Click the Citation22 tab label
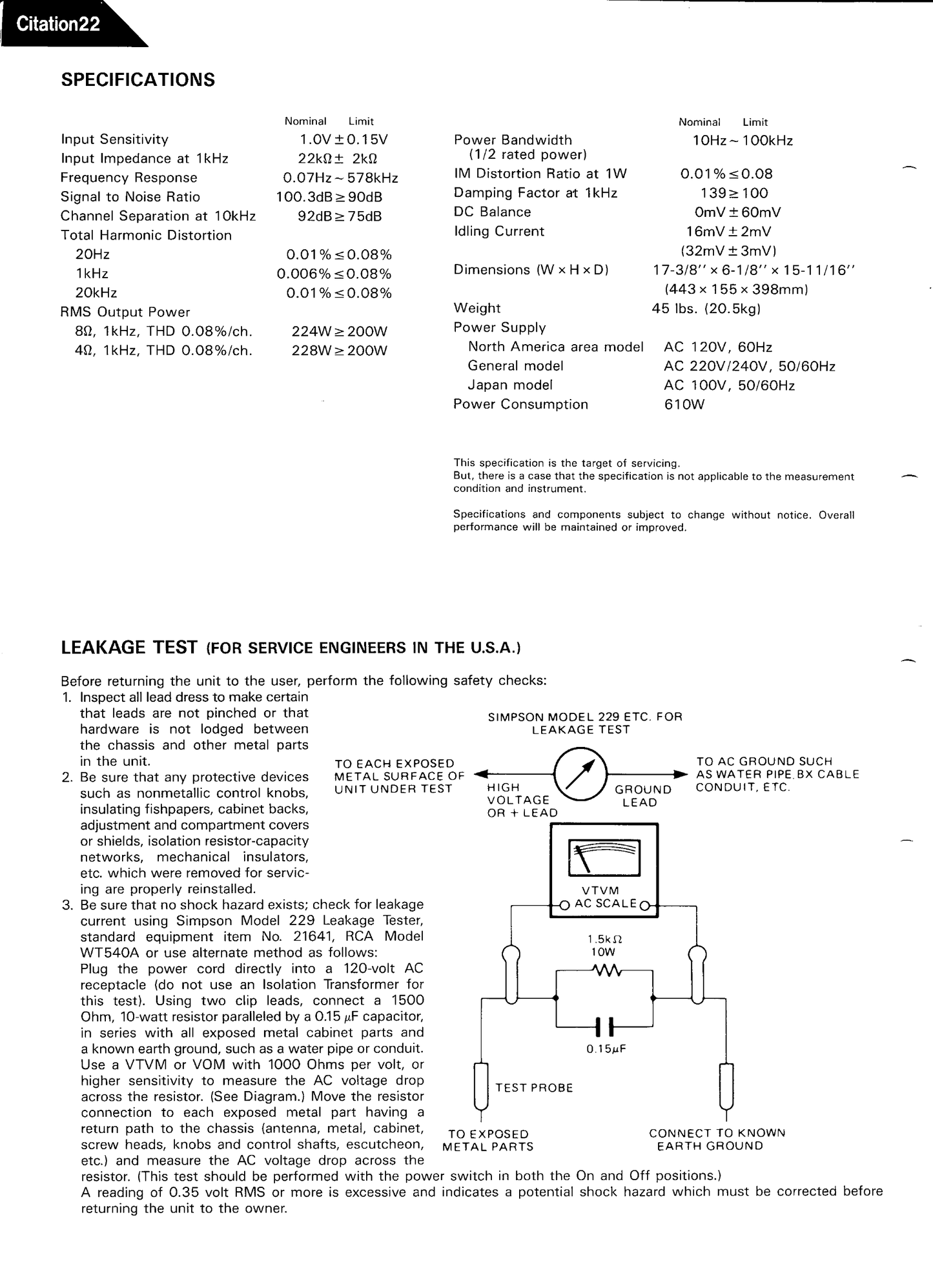tap(58, 25)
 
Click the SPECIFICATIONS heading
tap(138, 80)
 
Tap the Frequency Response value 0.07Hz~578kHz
tap(340, 178)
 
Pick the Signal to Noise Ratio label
tap(130, 197)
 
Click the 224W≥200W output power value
tap(340, 331)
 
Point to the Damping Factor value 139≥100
tap(734, 193)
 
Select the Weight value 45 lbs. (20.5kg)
tap(706, 309)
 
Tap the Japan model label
tap(510, 385)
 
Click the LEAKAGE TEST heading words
tap(129, 648)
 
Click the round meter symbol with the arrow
tap(580, 773)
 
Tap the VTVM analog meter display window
tap(604, 858)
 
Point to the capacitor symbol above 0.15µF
tap(605, 1026)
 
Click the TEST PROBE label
tap(534, 1088)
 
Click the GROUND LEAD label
tap(642, 796)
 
